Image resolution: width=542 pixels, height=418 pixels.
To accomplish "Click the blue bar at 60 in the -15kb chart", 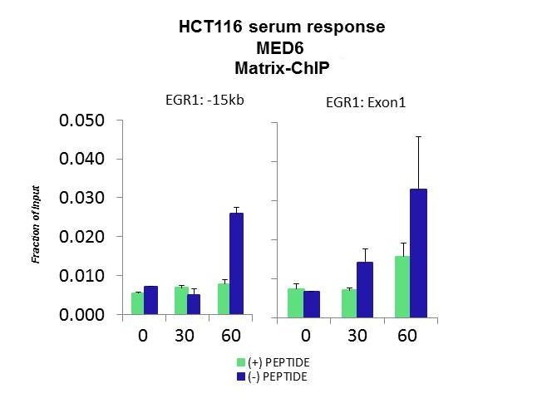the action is coord(236,263).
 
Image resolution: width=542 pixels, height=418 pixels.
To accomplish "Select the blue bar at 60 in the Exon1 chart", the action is coord(419,253).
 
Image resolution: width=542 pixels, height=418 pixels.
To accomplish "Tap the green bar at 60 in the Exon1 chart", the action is coord(402,287).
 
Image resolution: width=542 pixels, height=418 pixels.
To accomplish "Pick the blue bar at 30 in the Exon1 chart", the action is coord(365,290).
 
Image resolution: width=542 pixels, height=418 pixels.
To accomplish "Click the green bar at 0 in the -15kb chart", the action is coord(137,303).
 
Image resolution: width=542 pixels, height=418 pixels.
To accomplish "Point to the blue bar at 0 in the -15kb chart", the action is coord(150,300).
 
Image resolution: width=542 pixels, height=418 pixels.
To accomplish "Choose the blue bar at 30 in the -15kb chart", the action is coord(194,304).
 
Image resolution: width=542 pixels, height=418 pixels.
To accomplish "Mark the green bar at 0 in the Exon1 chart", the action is coord(296,303).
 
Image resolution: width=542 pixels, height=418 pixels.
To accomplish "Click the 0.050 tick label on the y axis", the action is coord(81,120).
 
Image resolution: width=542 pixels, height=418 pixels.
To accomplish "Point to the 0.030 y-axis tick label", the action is coord(81,198).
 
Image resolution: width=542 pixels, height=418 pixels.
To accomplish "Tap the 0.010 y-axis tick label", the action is coord(81,276).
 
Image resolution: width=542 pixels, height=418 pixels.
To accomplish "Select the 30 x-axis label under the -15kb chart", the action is coord(185,336).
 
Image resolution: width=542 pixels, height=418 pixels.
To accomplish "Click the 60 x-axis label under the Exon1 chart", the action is coord(407,336).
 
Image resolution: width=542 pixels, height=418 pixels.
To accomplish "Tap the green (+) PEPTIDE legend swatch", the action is coord(241,362).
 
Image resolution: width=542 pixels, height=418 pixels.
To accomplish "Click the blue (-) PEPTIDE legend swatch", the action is coord(241,376).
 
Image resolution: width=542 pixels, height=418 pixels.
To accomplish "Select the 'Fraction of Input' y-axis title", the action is coord(36,224).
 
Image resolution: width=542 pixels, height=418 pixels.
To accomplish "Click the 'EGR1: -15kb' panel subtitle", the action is coord(204,101).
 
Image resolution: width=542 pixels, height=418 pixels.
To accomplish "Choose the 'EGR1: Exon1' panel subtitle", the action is coord(366,102).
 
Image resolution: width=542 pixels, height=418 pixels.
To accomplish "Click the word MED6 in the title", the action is coord(280,48).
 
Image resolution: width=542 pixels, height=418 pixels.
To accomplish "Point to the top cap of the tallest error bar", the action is coord(419,137).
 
